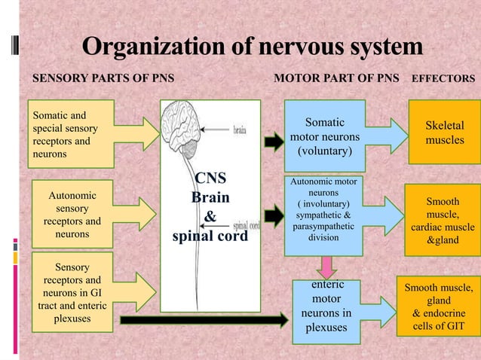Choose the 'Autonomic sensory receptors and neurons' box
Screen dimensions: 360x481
click(72, 214)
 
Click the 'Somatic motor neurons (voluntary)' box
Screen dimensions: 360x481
click(324, 135)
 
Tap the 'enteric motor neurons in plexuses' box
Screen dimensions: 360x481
click(326, 307)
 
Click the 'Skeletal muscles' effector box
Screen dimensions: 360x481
click(444, 133)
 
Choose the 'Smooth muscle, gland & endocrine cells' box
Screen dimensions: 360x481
click(439, 307)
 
